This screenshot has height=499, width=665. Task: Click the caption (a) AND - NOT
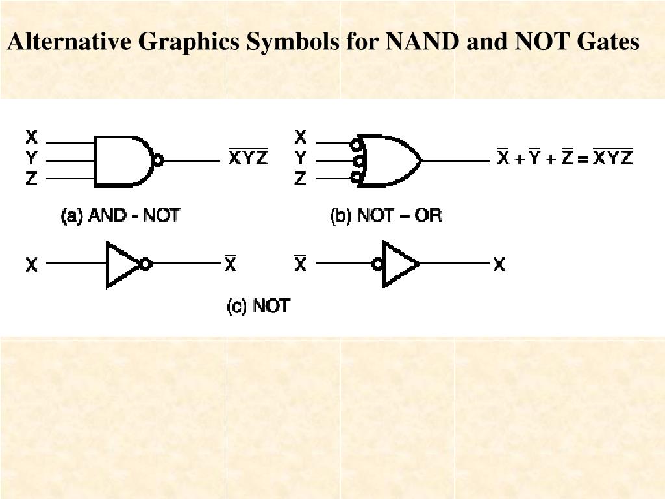tap(120, 215)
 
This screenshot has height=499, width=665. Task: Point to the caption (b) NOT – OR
tap(386, 215)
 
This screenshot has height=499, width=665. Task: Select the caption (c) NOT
tap(258, 305)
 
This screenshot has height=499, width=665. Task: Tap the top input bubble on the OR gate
tap(356, 144)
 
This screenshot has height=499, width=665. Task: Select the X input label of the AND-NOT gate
tap(32, 138)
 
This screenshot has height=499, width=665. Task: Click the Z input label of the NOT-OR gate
tap(300, 178)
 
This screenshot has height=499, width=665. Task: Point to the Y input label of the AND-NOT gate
tap(32, 158)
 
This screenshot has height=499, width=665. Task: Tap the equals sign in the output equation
tap(583, 158)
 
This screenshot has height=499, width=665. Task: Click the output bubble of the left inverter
tap(146, 264)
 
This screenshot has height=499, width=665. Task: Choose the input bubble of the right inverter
tap(377, 264)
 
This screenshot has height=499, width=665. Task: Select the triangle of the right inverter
tap(398, 264)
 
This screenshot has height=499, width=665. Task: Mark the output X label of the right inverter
tap(499, 265)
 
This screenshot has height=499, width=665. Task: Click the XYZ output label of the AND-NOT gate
tap(248, 157)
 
